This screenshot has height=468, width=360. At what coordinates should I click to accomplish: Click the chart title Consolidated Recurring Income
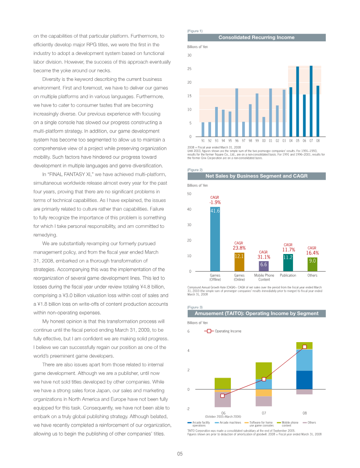point(256,37)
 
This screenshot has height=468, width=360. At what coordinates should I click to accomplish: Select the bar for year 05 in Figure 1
point(297,101)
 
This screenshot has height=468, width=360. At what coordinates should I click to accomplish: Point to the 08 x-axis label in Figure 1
point(318,141)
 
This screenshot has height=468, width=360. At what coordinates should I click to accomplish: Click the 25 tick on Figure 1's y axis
point(189,69)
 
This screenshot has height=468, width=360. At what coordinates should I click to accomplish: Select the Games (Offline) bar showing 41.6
point(215,238)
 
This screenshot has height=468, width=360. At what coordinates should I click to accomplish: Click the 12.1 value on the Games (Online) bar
point(239,256)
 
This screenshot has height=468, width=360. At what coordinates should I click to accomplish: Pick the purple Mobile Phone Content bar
point(264,266)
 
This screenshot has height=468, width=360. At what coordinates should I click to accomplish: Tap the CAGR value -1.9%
point(215,202)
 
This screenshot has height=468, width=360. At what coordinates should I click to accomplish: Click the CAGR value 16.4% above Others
point(312,253)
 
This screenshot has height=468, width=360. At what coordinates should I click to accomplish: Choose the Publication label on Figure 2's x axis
point(288,275)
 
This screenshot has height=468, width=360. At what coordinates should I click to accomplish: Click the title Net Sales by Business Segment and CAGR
point(256,176)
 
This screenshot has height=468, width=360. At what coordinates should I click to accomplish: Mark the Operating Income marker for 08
point(305,347)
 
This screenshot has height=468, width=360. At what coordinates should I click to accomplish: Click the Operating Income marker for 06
point(222,396)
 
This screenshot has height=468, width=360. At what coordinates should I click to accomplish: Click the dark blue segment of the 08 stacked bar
point(305,380)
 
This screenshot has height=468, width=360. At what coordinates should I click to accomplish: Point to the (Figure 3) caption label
point(194,307)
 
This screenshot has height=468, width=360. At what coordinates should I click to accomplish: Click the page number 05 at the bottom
point(180,454)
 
